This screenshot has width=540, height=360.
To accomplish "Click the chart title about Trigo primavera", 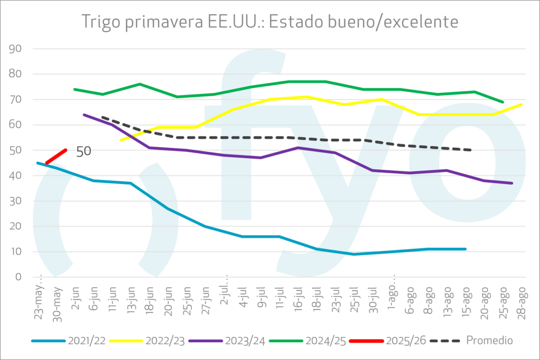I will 269,22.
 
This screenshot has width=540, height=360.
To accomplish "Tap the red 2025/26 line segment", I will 56,156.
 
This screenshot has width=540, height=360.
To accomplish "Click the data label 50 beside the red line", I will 83,151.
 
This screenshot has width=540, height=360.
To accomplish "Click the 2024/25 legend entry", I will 305,340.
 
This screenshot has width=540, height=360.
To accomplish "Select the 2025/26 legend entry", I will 385,340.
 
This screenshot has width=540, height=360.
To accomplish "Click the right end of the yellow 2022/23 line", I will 522,104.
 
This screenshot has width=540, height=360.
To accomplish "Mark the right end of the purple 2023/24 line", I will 512,183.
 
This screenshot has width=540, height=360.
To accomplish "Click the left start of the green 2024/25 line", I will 74,89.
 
